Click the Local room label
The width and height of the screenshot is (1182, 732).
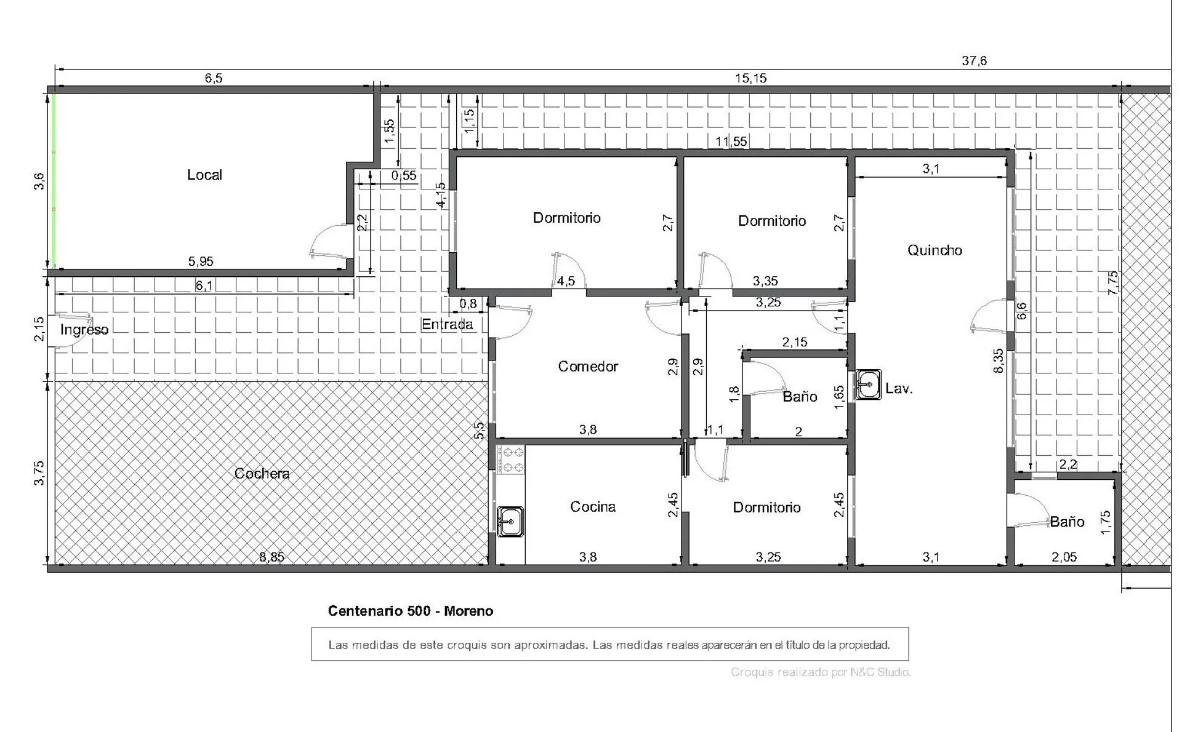pos(204,175)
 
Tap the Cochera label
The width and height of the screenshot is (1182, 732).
pos(262,473)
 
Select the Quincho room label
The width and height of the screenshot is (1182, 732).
pos(935,250)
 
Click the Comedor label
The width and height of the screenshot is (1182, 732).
pos(588,366)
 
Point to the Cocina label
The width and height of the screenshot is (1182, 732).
pos(593,506)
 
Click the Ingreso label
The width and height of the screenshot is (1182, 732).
pos(84,330)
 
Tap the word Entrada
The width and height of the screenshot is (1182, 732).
pos(448,324)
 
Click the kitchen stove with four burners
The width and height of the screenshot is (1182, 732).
pos(510,459)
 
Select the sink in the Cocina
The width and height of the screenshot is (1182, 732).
pos(510,522)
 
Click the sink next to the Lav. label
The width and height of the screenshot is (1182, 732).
pos(868,385)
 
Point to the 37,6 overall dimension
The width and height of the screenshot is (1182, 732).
pos(975,60)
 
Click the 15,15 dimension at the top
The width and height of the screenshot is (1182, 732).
pos(751,78)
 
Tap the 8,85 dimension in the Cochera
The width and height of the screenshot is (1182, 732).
pos(271,557)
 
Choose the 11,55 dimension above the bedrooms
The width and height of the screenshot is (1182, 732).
pos(731,141)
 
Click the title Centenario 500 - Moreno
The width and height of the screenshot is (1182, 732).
pos(411,611)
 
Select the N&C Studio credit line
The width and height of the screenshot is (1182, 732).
pos(821,672)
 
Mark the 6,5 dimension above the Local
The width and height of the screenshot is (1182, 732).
pos(214,78)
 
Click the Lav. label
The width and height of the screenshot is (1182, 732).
pos(899,388)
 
